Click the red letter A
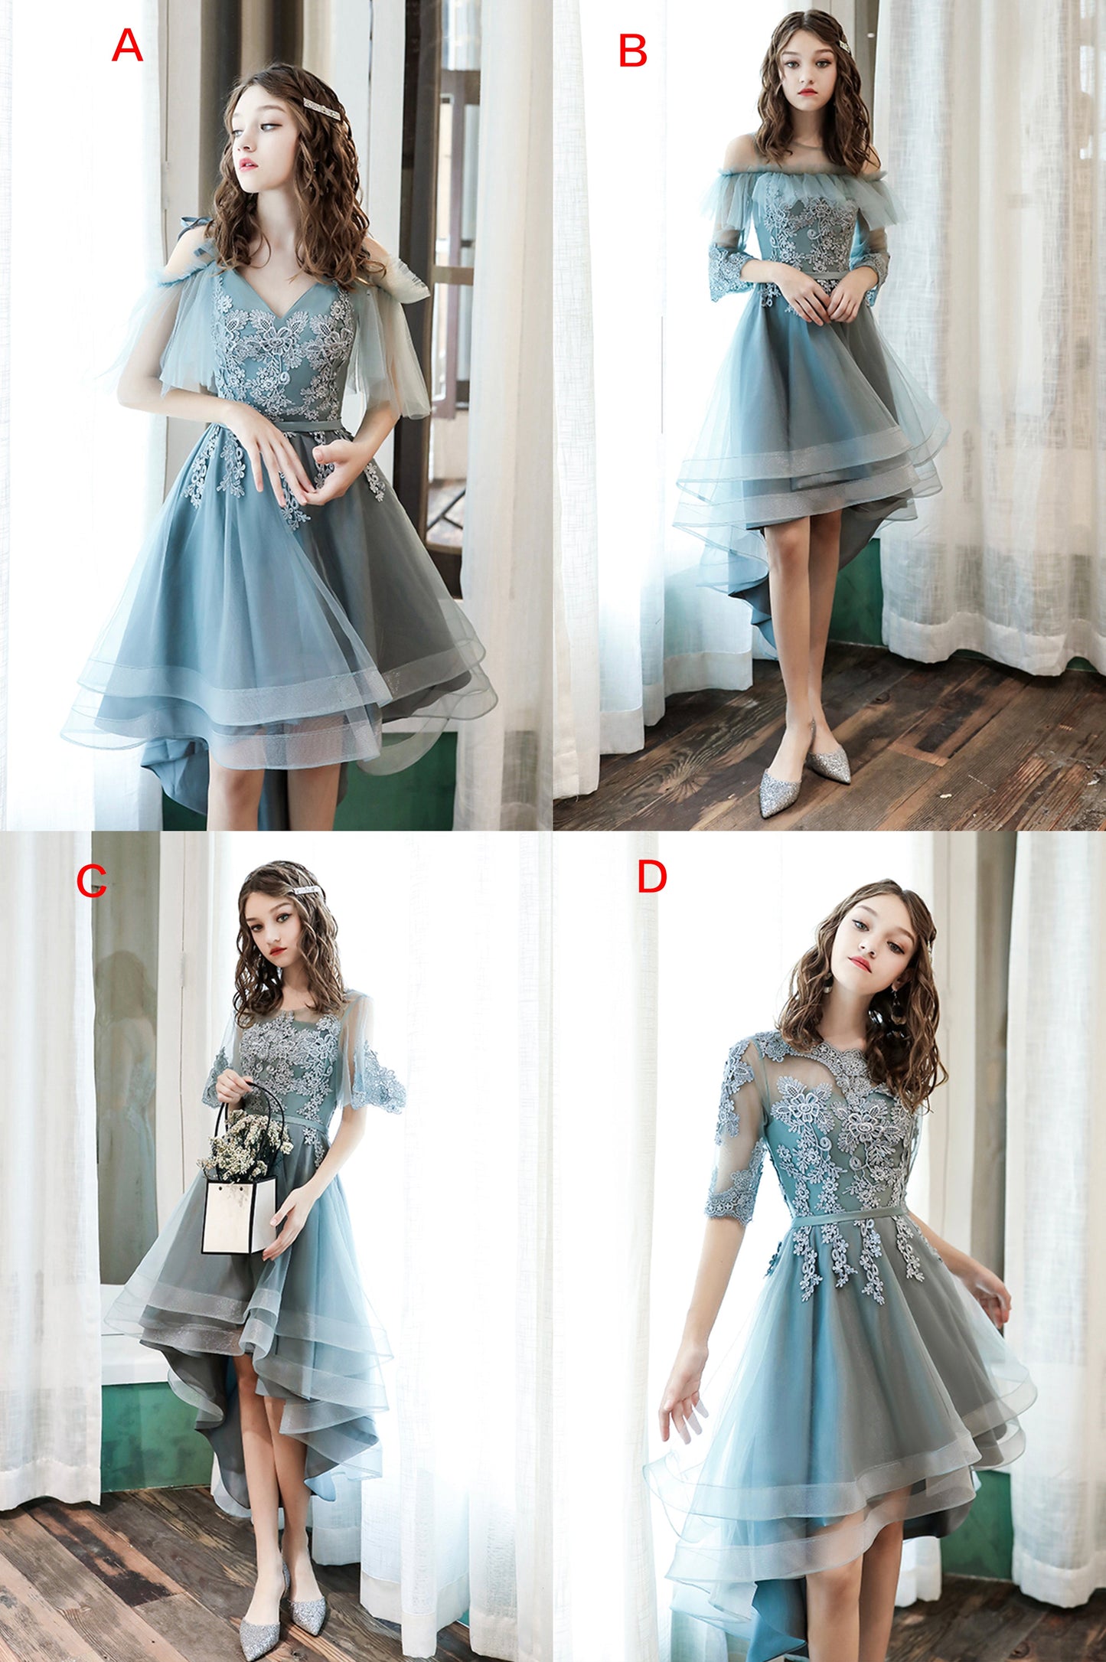point(127,46)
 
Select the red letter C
point(91,881)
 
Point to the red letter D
point(651,877)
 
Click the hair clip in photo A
point(321,107)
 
